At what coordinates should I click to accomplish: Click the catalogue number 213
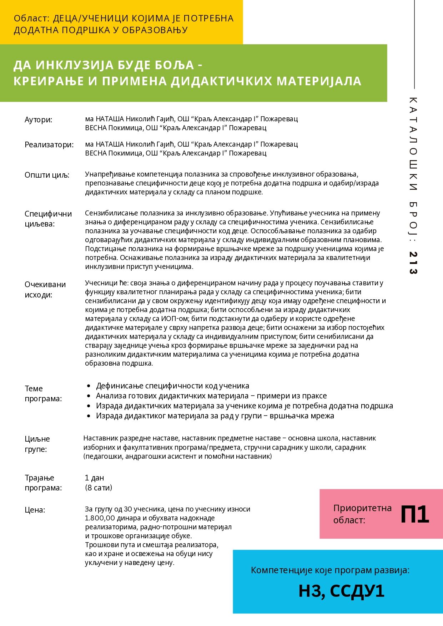[413, 263]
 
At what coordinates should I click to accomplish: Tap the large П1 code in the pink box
[414, 514]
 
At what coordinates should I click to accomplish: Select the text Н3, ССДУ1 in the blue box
[341, 591]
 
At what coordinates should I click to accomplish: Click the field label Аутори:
[39, 119]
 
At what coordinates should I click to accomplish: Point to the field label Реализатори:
[49, 145]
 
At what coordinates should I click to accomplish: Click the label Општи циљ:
[47, 175]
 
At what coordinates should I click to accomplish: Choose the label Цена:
[35, 510]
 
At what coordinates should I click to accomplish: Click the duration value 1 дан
[95, 478]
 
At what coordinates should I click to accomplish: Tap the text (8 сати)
[99, 488]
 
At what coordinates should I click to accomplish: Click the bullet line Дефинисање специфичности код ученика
[172, 386]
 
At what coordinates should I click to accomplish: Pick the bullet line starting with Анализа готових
[211, 396]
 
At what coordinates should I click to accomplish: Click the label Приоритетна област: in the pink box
[362, 514]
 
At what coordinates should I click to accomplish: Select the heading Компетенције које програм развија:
[330, 570]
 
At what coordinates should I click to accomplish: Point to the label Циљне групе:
[37, 444]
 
